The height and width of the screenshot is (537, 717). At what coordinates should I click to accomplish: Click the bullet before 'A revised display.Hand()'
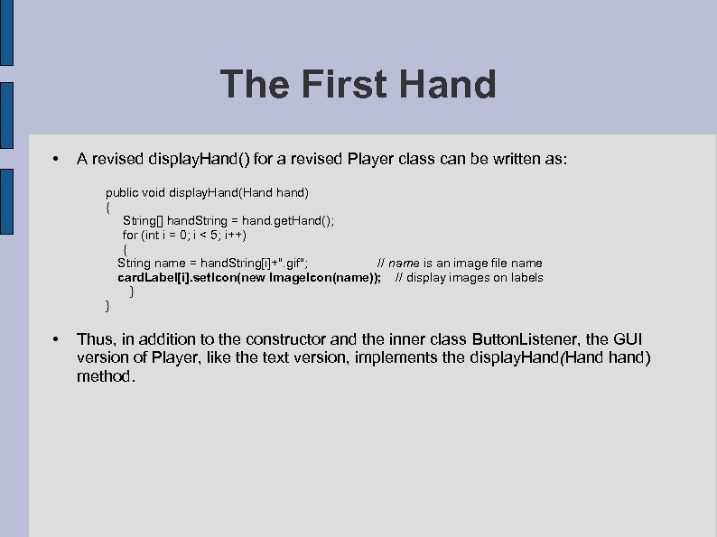coord(56,160)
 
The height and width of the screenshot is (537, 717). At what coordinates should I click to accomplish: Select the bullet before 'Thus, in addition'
coord(56,340)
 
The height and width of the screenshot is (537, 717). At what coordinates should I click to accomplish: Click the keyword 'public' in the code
coord(122,192)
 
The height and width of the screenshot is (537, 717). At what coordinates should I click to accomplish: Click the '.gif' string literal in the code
coord(294,263)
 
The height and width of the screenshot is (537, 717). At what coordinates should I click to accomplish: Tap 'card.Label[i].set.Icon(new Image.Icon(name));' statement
coord(249,277)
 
